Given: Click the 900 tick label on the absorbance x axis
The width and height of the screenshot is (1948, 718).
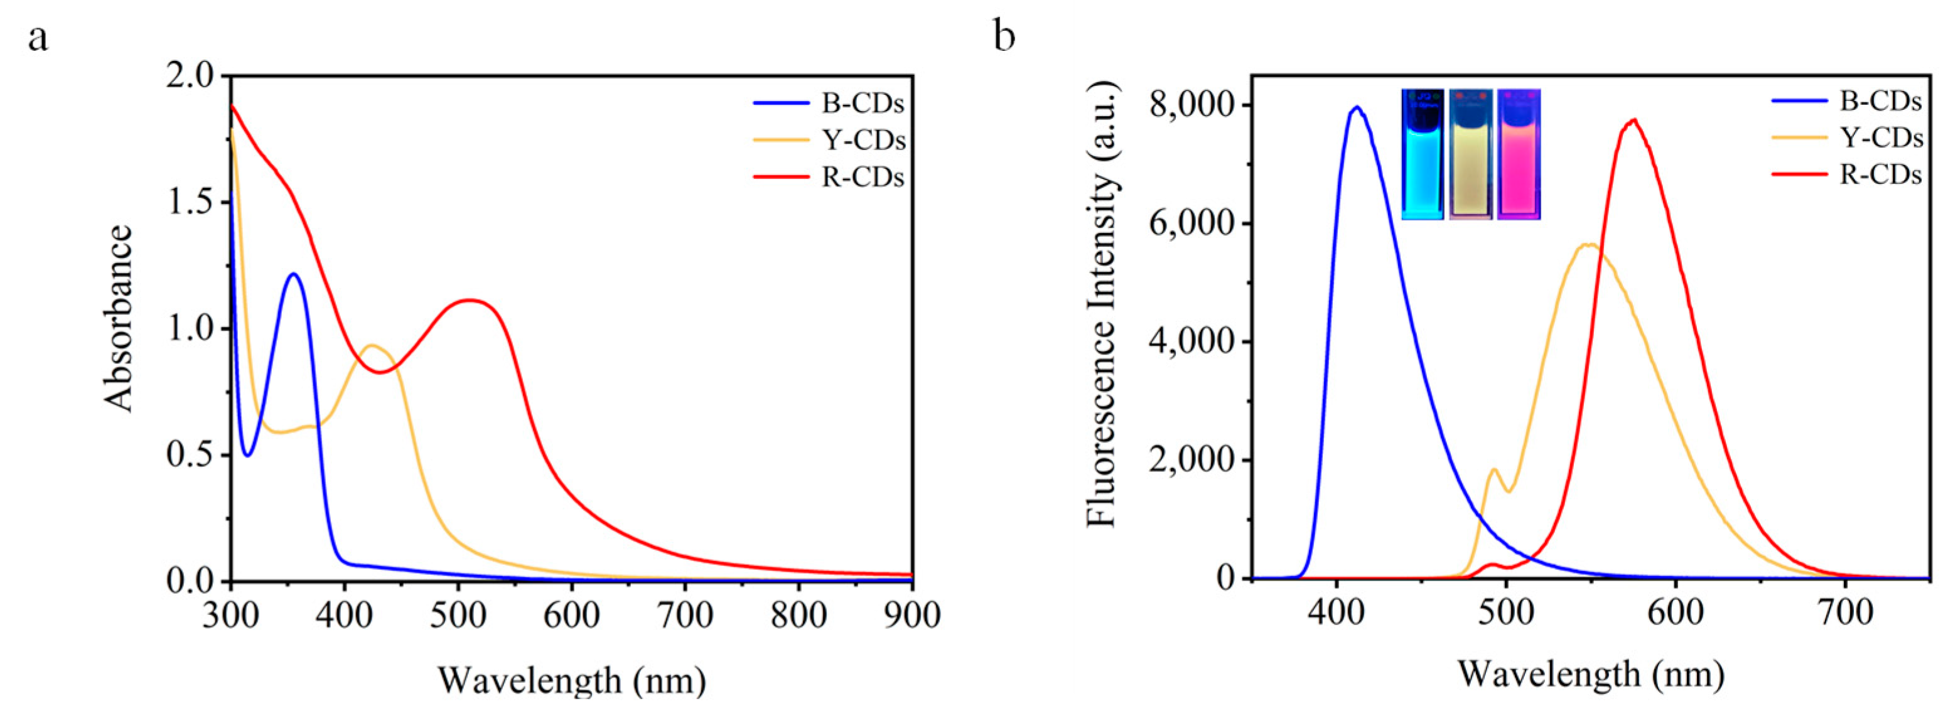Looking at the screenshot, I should (913, 616).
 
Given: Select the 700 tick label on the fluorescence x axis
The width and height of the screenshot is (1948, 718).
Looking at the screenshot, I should (1845, 612).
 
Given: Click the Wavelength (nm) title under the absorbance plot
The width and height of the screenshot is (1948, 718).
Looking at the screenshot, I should (573, 680).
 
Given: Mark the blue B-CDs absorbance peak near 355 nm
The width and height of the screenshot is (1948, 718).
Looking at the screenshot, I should (293, 274).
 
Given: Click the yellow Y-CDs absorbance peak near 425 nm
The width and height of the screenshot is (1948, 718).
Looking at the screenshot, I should (371, 345).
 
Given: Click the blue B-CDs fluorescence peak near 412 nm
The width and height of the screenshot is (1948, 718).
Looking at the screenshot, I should (1357, 107).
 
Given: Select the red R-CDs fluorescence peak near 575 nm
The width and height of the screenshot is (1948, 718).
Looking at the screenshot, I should (1634, 119).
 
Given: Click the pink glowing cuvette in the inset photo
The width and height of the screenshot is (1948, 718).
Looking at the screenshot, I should (1519, 155).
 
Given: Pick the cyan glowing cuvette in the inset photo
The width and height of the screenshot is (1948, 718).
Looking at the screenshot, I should (1423, 155).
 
